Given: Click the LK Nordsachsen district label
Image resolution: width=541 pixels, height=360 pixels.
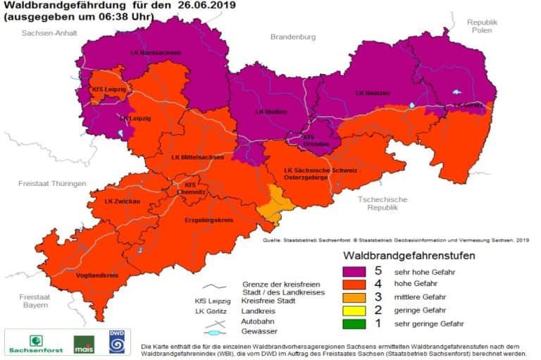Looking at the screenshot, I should coord(155,53).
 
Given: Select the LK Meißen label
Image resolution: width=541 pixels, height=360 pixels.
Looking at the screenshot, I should coord(270,111).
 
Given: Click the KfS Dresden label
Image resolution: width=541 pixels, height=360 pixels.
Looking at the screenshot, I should coord(316,139).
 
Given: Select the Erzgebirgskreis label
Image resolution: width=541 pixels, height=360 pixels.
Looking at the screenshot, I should coord(209,220).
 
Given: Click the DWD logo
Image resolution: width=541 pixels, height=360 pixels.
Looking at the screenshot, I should coord(116,343).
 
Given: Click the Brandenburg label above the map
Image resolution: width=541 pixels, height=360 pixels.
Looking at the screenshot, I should coord(294,37).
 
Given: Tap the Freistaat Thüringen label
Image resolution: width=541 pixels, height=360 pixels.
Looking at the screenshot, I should coord(52,183).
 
